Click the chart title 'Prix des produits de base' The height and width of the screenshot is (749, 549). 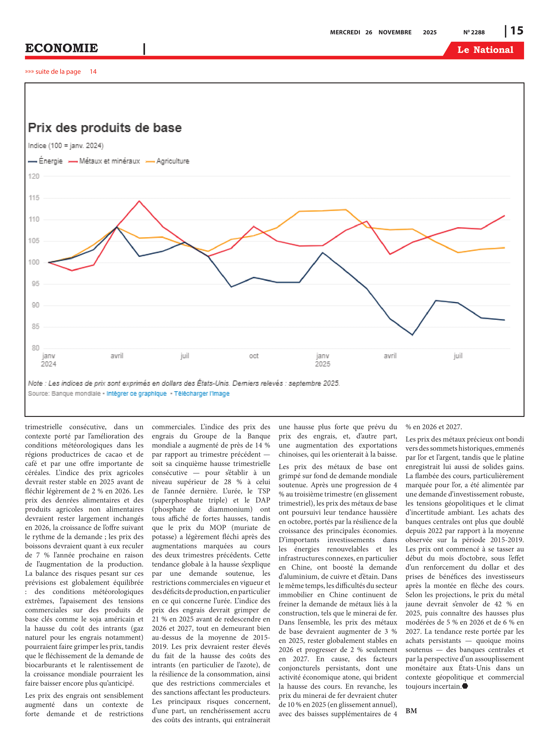105,128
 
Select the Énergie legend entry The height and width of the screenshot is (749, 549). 45,161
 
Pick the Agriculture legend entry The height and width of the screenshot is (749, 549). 167,161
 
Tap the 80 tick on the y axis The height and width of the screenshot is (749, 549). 35,348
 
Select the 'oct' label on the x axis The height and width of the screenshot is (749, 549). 254,356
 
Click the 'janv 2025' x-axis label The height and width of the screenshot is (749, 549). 322,360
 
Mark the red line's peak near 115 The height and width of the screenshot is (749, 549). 139,201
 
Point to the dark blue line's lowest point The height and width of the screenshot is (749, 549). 412,335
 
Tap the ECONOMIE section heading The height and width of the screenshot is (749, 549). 61,48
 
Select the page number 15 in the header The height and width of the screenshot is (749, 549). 517,31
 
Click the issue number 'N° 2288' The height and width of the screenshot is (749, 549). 474,32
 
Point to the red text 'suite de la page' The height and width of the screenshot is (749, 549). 58,71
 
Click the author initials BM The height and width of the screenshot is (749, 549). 411,711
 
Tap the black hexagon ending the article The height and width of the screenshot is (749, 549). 465,686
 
